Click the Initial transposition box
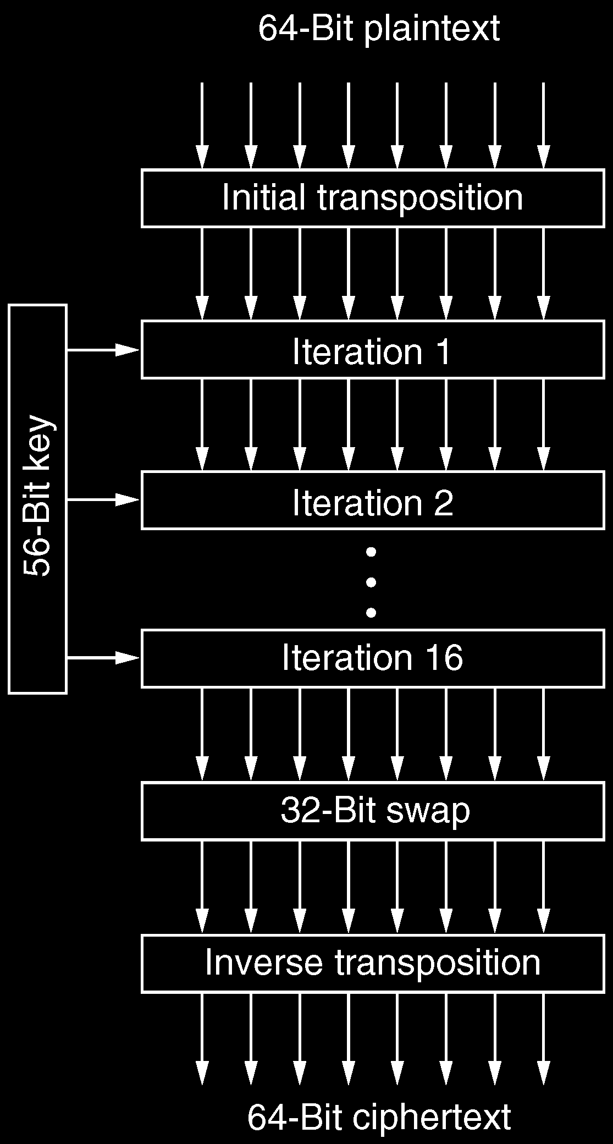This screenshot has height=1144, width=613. (373, 198)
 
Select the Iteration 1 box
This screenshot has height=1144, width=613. (373, 350)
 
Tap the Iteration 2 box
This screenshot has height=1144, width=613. (373, 501)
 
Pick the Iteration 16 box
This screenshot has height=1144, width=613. (373, 658)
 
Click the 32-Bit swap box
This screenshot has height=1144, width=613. (373, 811)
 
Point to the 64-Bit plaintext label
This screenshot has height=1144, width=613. (379, 29)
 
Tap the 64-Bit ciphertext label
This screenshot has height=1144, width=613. (379, 1116)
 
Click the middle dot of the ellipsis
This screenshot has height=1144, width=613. (371, 581)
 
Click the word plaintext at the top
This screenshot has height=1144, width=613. (432, 29)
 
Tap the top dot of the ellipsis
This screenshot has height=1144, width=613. (371, 551)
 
